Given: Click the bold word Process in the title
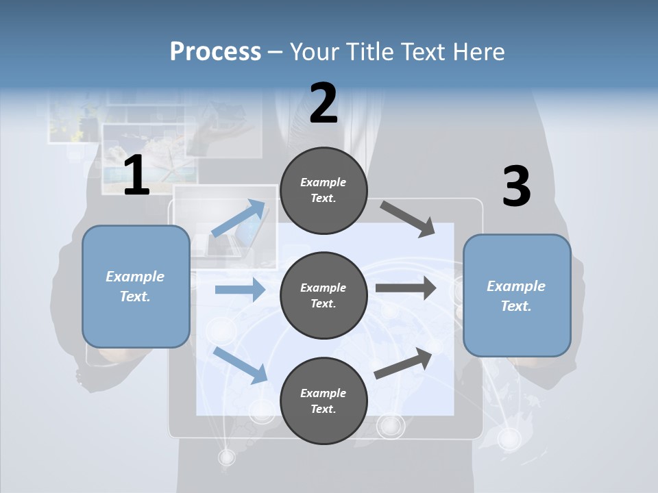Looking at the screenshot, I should [x=215, y=52].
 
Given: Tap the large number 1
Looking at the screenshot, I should [x=136, y=176].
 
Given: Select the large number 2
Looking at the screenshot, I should [x=324, y=103].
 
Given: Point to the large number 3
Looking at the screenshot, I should [x=516, y=187].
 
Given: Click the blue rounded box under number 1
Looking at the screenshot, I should [x=136, y=286].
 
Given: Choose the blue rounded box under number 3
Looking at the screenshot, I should [x=517, y=295].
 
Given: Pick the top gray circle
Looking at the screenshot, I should [x=324, y=190].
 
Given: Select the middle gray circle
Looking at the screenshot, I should [x=324, y=295].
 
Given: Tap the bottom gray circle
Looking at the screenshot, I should [x=324, y=401].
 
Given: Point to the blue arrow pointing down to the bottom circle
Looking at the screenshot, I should [x=241, y=365].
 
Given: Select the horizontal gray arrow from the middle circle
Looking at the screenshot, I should [x=406, y=288].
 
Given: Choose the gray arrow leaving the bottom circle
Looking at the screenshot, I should [x=404, y=363].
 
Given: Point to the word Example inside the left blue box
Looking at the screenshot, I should [x=135, y=277].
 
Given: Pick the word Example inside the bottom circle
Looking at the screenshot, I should [x=323, y=393].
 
